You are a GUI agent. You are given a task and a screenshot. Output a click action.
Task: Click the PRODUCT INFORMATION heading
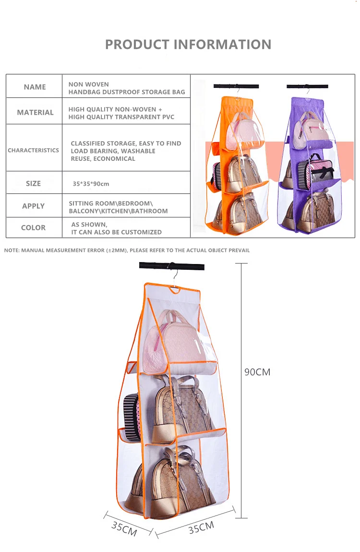point(188,45)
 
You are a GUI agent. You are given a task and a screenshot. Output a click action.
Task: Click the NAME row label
point(35,87)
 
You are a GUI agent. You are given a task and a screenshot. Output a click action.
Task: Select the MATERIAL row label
point(35,112)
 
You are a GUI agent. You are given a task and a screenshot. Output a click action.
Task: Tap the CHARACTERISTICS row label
point(33,150)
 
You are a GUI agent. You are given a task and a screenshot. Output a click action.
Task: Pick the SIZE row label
point(33,183)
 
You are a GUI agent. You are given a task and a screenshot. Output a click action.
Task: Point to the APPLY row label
point(33,206)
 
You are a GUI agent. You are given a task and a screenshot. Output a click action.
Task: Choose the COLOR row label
point(33,228)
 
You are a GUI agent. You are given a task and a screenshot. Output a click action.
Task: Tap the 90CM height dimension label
point(257,372)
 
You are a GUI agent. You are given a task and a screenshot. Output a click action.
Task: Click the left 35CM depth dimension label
point(124,528)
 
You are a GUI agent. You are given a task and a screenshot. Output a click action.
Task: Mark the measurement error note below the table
point(127,250)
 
